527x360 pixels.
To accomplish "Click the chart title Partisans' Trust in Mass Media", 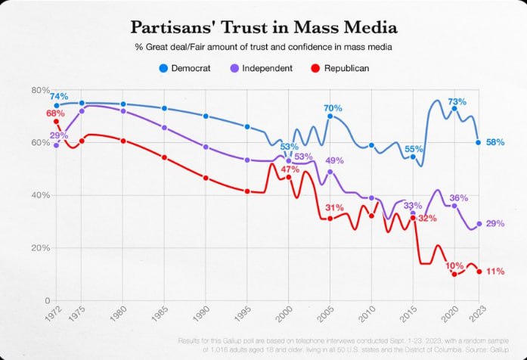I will (x=262, y=29).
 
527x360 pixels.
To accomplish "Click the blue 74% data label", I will (x=59, y=96).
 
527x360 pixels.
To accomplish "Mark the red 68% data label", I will (x=55, y=113).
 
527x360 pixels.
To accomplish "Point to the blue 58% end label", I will (x=494, y=141).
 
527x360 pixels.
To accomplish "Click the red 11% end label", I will (x=494, y=272).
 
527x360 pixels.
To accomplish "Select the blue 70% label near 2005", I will (x=333, y=108).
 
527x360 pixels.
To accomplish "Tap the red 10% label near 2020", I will (x=454, y=265).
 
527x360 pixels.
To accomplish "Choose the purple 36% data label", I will (x=459, y=197).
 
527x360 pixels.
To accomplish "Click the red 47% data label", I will (x=290, y=169).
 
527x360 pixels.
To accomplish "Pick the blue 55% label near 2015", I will (x=414, y=148).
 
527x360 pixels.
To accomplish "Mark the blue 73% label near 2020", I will (x=457, y=101).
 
